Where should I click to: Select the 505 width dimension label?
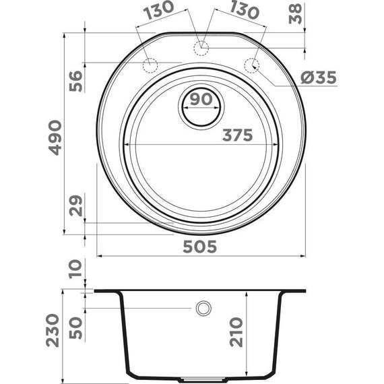(x=199, y=247)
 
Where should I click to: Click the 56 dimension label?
(x=75, y=80)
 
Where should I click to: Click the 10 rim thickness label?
(x=75, y=270)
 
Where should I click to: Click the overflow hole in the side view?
(x=201, y=309)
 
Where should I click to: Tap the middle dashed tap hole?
(x=200, y=46)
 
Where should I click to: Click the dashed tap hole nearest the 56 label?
(x=150, y=65)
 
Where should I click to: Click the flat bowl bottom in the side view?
(x=201, y=376)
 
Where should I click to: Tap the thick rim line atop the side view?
(x=201, y=291)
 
